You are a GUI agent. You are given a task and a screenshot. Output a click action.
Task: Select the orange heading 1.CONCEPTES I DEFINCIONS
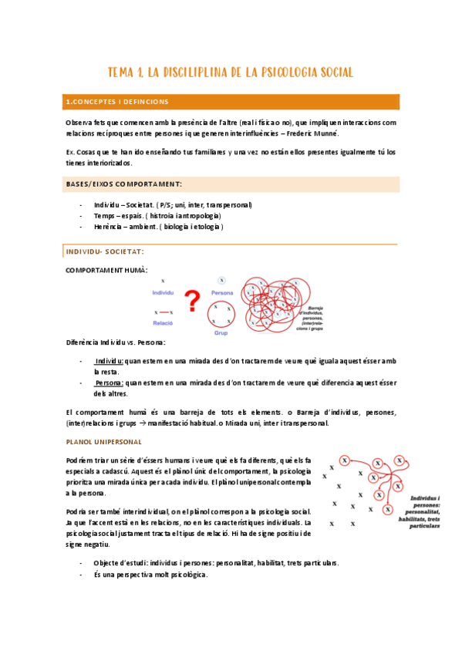tap(117, 102)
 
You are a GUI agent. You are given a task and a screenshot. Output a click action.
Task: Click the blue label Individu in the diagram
tap(163, 294)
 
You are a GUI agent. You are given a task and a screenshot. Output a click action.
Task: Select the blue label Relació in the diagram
tap(162, 324)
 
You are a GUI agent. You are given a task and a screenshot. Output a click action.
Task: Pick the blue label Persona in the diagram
tap(222, 294)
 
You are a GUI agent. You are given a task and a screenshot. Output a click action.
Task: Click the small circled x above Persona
tap(221, 280)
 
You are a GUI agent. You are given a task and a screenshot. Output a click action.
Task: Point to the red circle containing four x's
tap(221, 314)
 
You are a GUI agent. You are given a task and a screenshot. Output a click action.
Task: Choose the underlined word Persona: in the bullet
tap(109, 382)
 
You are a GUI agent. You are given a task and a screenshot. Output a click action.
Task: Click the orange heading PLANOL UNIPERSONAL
tap(103, 441)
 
